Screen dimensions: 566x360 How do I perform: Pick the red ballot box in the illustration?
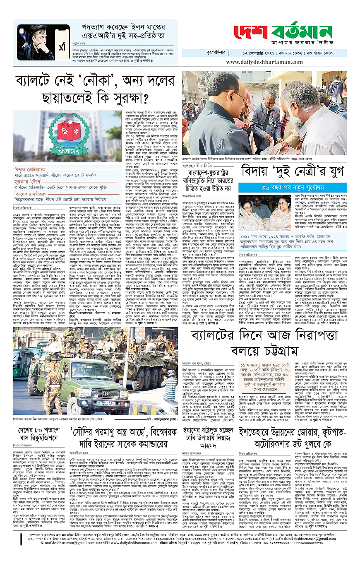pos(66,130)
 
